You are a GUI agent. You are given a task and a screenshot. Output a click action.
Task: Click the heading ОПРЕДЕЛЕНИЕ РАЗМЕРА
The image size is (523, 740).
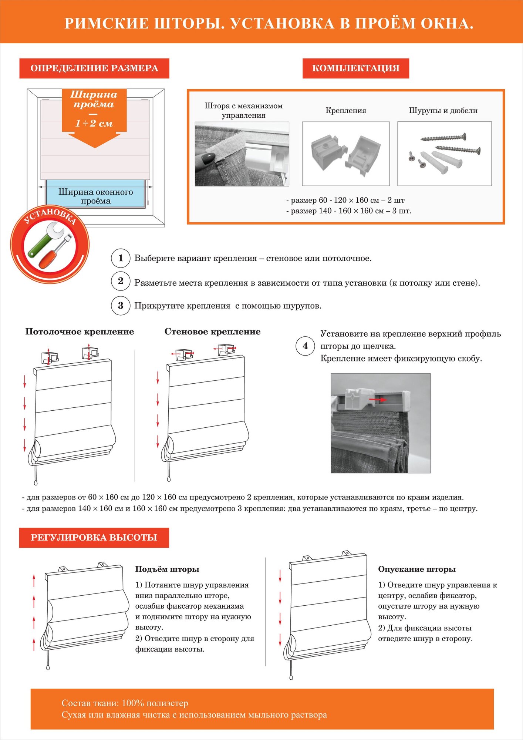point(94,68)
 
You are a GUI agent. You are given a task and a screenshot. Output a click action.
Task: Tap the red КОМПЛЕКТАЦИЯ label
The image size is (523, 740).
point(355,68)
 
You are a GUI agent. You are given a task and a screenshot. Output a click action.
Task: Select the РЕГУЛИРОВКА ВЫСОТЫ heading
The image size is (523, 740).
point(94,538)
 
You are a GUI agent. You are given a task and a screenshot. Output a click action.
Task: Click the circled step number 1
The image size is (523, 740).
point(121,258)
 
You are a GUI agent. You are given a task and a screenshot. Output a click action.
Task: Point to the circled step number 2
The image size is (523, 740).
point(121,281)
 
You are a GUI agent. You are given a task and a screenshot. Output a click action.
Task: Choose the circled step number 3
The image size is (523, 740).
point(121,306)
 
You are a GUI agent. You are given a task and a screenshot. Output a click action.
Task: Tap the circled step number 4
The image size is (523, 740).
point(305,346)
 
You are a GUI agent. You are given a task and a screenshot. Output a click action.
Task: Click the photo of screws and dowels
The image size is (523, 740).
point(444,154)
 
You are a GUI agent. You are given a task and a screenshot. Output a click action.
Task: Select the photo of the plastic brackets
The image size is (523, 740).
point(346,154)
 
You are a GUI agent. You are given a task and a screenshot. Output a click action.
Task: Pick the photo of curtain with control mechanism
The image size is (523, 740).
point(242,154)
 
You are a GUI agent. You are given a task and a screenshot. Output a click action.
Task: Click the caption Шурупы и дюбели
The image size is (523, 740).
point(443,111)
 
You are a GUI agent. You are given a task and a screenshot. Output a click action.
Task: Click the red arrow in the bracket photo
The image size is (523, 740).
point(378,400)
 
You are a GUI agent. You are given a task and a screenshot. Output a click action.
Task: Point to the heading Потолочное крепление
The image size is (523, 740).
point(80,332)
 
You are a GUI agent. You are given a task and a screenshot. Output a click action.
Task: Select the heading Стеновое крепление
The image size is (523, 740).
point(212,332)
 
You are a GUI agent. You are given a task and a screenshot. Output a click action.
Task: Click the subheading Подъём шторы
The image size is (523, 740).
point(167,569)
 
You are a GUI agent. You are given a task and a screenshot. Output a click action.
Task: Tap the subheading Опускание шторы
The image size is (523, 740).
point(416,569)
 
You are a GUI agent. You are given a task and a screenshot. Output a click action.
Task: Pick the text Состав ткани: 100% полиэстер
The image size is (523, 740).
point(125,703)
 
